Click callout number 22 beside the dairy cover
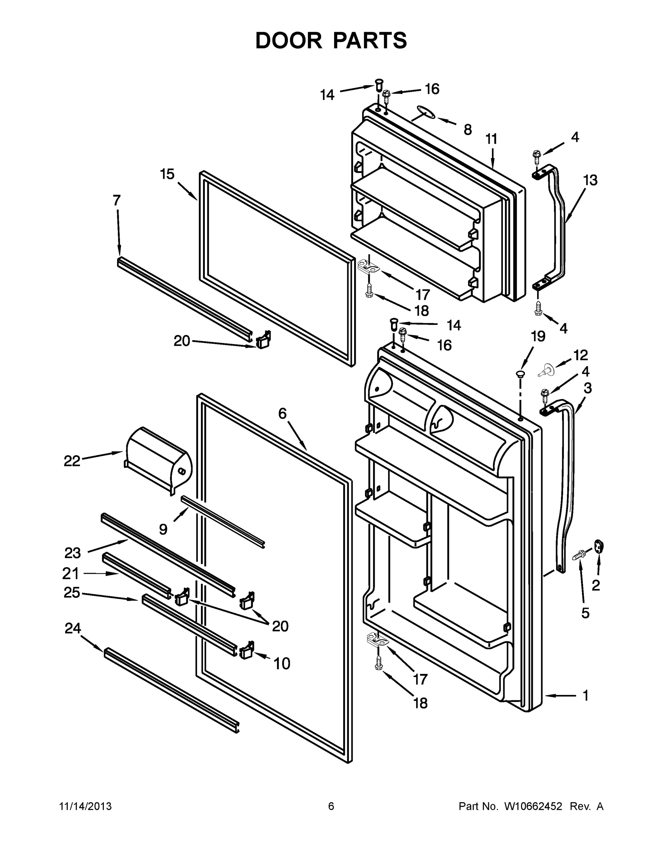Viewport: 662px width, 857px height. coord(72,461)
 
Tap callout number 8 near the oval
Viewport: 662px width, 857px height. coord(468,130)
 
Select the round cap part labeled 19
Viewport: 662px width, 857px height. coord(520,372)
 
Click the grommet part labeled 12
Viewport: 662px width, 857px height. coord(546,369)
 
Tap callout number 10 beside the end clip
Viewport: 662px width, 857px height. coord(282,664)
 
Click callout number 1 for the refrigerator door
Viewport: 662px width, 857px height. coord(586,695)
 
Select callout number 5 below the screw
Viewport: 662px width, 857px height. coord(585,613)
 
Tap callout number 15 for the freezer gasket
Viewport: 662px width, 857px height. coord(167,174)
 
